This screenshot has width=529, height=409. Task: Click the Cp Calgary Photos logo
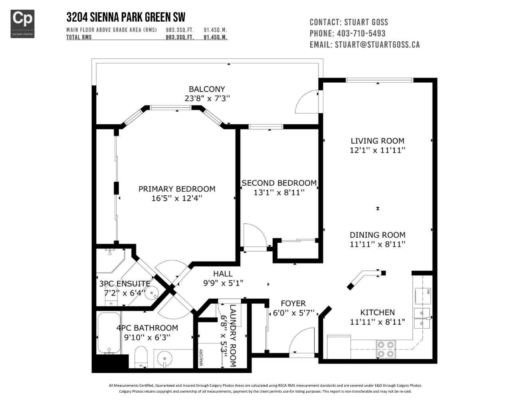[x=22, y=24]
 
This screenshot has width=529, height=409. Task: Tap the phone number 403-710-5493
[x=361, y=34]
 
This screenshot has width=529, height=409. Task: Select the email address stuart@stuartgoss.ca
[x=377, y=45]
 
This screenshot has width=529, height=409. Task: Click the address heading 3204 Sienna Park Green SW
[x=126, y=17]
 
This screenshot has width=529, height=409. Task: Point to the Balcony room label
[x=207, y=89]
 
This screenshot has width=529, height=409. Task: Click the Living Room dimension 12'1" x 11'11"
[x=378, y=150]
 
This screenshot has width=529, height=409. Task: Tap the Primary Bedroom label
[x=177, y=189]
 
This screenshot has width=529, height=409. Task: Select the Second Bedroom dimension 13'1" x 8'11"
[x=279, y=193]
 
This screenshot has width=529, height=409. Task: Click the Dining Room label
[x=378, y=235]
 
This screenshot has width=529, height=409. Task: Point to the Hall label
[x=223, y=274]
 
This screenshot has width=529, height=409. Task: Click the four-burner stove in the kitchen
[x=386, y=349]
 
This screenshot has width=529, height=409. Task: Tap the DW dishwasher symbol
[x=422, y=296]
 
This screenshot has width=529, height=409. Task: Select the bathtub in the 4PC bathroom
[x=109, y=333]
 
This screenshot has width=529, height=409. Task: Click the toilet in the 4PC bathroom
[x=141, y=357]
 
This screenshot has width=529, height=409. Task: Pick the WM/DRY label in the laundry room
[x=201, y=357]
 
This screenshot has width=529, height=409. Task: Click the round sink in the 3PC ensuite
[x=151, y=293]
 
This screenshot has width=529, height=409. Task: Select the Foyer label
[x=293, y=303]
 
